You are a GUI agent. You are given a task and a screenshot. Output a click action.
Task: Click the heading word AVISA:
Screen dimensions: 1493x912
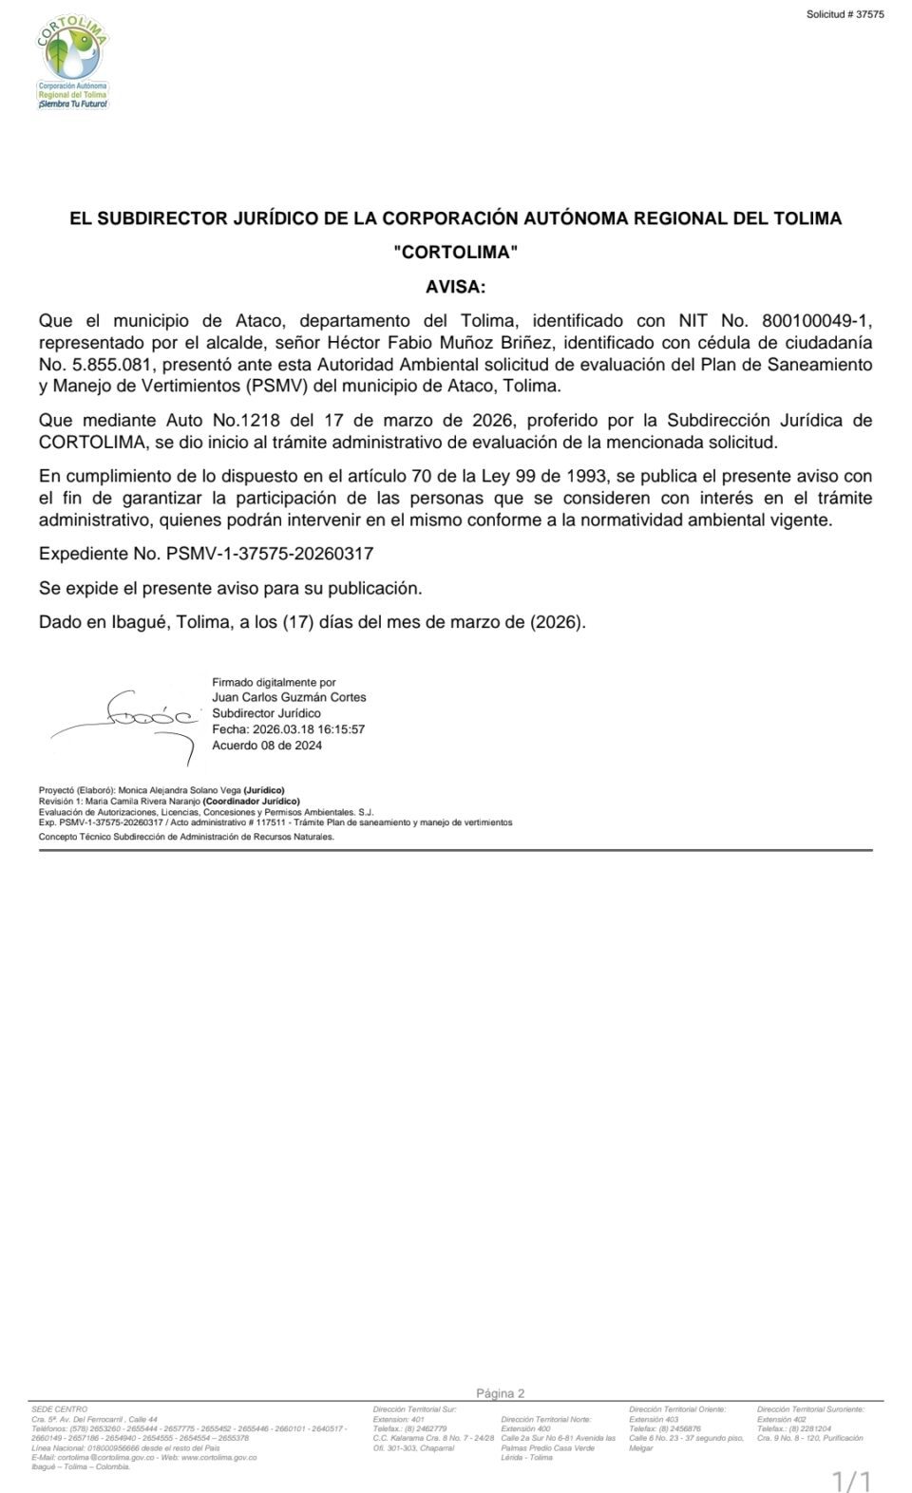455,286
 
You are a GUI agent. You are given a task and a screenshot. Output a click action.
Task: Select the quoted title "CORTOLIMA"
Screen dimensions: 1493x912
455,252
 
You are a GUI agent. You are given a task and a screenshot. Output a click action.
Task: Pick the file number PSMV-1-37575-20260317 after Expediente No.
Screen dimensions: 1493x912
270,554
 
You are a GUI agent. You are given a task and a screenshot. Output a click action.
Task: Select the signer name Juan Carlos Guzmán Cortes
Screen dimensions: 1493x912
289,698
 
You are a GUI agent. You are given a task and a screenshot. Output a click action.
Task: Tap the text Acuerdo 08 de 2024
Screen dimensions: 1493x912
267,746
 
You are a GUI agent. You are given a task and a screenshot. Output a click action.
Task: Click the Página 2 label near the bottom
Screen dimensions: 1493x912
500,1393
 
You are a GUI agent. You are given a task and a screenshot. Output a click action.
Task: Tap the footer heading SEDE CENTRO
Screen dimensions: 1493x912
59,1409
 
